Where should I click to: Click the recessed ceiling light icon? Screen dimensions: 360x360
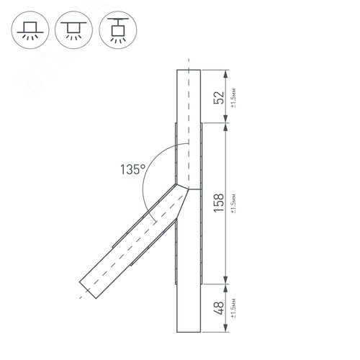(30, 30)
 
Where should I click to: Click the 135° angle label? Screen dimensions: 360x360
(133, 171)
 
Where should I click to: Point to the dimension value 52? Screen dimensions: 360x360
(219, 97)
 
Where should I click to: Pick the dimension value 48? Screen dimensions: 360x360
(219, 310)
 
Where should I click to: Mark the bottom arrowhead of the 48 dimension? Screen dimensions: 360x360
(228, 333)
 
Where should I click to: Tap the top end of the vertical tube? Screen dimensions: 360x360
(188, 71)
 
